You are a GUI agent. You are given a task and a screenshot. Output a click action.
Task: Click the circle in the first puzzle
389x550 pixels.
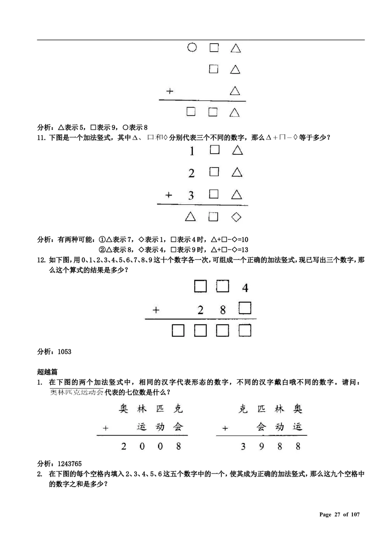192,47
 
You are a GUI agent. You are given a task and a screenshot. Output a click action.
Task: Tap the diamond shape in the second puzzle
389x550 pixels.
236,217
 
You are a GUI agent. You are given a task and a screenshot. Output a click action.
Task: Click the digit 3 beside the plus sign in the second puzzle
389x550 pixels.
191,195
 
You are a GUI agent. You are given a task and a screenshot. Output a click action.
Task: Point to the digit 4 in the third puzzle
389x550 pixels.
245,288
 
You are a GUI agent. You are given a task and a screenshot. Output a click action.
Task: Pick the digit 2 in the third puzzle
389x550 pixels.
200,310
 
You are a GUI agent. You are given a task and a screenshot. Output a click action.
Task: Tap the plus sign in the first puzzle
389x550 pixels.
169,91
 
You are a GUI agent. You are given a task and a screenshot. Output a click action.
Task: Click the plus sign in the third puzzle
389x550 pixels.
156,310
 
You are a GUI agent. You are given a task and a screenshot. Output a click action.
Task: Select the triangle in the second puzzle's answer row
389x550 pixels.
190,217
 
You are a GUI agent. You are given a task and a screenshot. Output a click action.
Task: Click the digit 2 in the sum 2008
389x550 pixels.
124,446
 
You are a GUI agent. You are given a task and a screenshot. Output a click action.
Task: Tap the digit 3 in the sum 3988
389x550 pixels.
243,446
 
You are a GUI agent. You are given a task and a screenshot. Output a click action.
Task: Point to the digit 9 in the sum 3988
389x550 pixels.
261,446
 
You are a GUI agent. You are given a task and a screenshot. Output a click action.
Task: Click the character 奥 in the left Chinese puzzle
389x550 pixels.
124,408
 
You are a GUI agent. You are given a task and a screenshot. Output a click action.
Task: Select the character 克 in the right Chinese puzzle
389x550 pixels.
243,408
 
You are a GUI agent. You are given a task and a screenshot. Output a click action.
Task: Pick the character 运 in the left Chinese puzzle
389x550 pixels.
142,427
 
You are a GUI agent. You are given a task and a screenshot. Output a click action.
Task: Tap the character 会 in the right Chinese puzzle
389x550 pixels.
261,427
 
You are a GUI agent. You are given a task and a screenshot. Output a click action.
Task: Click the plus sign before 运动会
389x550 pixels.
105,428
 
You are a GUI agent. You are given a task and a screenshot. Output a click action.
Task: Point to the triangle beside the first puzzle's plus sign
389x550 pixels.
235,91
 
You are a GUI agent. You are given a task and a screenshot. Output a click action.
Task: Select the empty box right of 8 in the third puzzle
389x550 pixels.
245,308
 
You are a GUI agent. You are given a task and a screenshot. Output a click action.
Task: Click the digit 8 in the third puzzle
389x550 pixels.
223,310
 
